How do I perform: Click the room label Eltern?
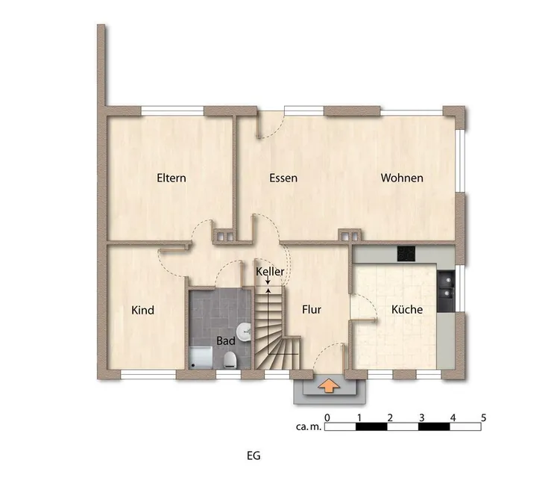coord(171,178)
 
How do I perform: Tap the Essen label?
coord(283,178)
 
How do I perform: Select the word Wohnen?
coord(402,178)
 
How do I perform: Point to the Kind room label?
coord(142,310)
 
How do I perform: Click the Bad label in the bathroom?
coord(226,340)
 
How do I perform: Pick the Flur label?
coord(312,309)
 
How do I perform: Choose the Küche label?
coord(407,309)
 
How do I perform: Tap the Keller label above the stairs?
coord(270,271)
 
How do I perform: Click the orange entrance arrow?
coord(329,386)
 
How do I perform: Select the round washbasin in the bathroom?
coord(244,332)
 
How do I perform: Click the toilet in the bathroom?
coord(230,359)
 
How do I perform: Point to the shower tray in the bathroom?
coord(201,358)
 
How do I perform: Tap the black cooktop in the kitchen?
coord(406,253)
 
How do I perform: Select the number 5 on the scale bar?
coord(484,418)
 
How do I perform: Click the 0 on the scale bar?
coord(327,418)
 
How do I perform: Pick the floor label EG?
coord(254,455)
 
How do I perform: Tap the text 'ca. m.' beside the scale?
coord(309,427)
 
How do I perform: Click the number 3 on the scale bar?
coord(422,418)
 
